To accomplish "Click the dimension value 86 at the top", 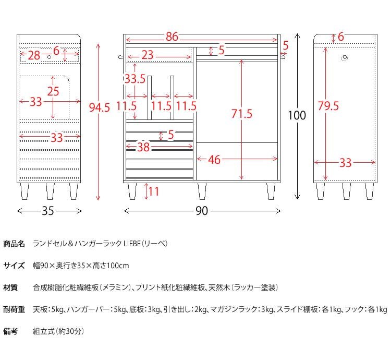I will [172, 37].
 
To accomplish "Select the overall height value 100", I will [297, 115].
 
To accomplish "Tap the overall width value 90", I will [202, 211].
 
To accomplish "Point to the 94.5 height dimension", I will [100, 108].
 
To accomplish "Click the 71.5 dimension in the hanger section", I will [241, 114].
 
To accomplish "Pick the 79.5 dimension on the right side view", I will [328, 106].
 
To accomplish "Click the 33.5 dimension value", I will [135, 79].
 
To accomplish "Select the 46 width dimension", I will [214, 160].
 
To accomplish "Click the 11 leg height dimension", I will [153, 191].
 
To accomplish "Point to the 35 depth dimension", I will [48, 211].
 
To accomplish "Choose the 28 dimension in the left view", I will [34, 55].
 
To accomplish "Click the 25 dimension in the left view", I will [53, 91].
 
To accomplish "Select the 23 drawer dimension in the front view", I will [147, 55].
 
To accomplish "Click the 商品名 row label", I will [14, 244].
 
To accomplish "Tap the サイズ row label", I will [14, 266].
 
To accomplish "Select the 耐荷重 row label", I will [14, 309].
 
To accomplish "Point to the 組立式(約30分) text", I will [58, 331].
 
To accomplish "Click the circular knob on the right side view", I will [345, 58].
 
